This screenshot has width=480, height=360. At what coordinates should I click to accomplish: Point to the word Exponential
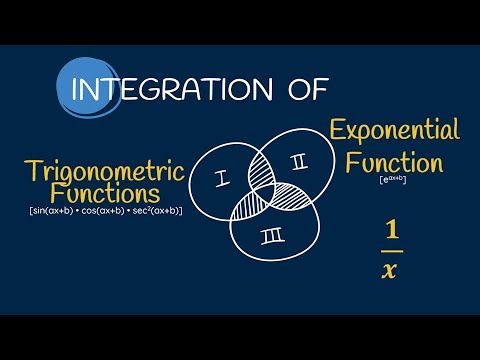click(x=395, y=130)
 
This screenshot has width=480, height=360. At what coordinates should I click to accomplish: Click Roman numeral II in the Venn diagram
click(x=296, y=162)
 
